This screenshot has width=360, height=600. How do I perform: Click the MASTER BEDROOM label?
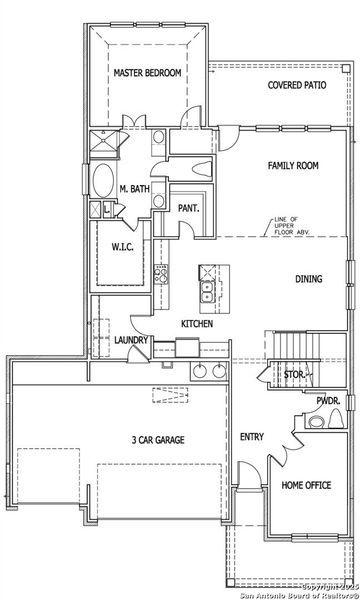[x=146, y=73]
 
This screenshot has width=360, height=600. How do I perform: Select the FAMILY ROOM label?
[x=292, y=165]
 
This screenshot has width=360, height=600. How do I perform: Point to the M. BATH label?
[x=135, y=189]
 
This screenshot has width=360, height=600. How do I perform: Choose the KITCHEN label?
[x=198, y=325]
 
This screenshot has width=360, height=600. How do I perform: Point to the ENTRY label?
[x=251, y=436]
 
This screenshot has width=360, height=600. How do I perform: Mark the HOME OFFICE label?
[x=305, y=485]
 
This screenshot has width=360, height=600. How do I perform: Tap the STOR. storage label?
[x=293, y=376]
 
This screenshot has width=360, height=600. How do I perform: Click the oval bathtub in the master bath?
[x=104, y=184]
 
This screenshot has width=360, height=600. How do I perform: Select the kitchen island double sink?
[x=208, y=291]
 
